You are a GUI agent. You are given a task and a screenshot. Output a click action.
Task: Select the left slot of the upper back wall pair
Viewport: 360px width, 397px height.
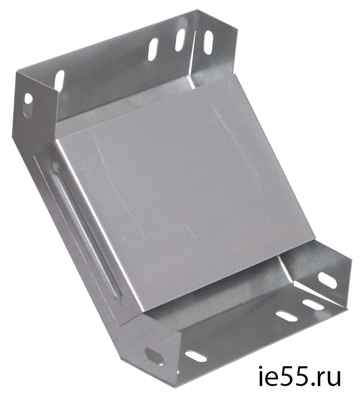tap(153, 49)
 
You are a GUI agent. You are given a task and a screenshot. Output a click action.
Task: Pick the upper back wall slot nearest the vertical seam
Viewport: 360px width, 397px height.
tap(180, 41)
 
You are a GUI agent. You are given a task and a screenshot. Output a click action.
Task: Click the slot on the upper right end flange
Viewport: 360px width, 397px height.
tap(208, 42)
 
